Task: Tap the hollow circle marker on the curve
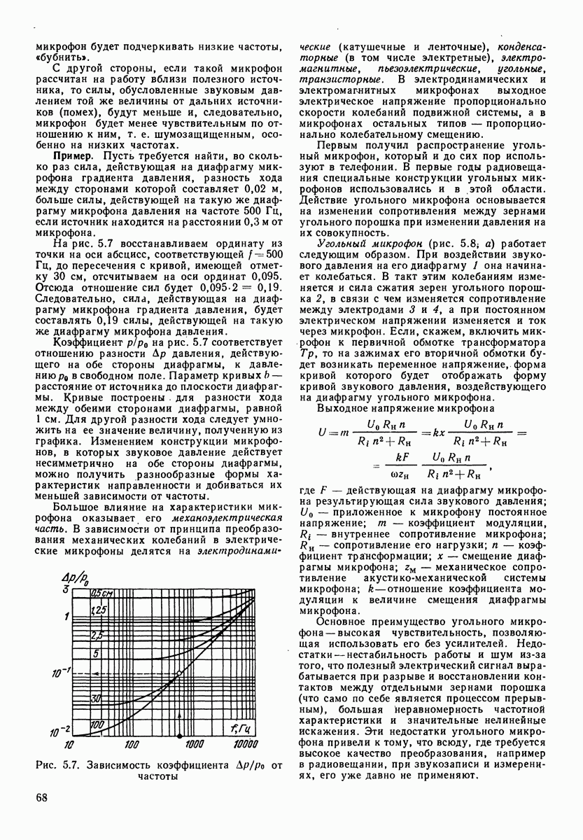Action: point(180,673)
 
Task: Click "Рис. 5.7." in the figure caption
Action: point(62,765)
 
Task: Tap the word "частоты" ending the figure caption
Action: point(160,776)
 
